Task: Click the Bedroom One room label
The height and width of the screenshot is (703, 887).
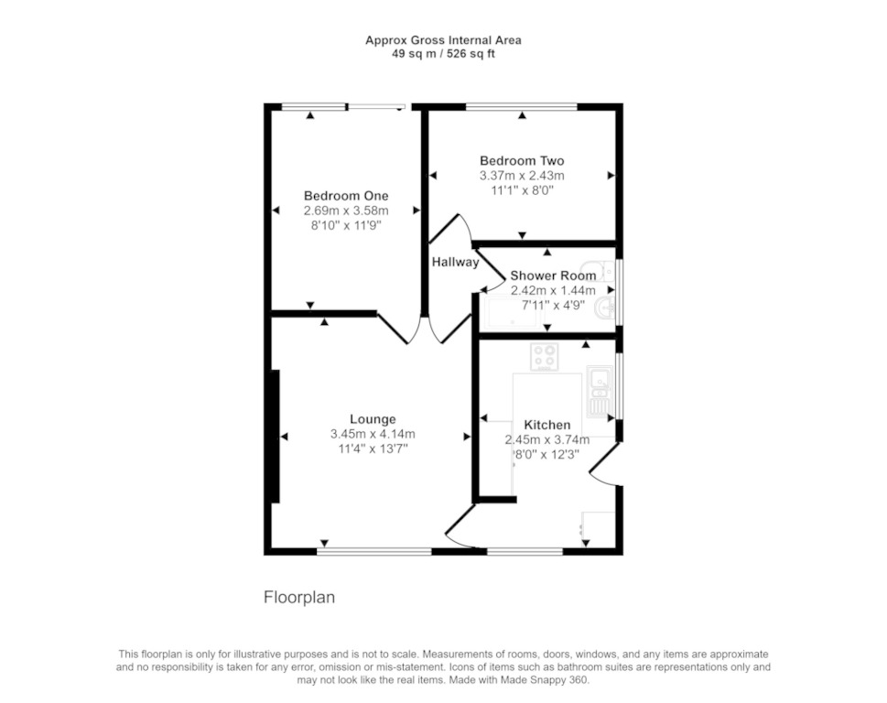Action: click(x=346, y=196)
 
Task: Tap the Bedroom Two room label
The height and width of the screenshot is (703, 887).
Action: click(x=522, y=160)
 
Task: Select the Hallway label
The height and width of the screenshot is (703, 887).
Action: click(x=455, y=262)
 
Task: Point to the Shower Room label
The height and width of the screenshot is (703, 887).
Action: click(x=553, y=276)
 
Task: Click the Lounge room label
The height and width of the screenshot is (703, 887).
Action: click(x=373, y=419)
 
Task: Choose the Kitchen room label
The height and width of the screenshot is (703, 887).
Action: click(x=547, y=425)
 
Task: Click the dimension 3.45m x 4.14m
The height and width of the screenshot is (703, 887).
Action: click(x=373, y=435)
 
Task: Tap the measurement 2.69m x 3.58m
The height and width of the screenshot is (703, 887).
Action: click(x=346, y=211)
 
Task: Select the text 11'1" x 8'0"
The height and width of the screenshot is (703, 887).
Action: click(x=522, y=190)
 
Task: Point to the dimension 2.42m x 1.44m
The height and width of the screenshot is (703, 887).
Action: click(x=553, y=291)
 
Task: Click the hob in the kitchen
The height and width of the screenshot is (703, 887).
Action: click(x=545, y=357)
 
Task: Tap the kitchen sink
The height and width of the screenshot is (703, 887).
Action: click(x=599, y=391)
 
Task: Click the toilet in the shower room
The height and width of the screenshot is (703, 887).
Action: click(x=598, y=271)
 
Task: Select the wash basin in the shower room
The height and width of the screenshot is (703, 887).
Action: click(x=606, y=308)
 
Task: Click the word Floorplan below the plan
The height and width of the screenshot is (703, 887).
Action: click(x=299, y=597)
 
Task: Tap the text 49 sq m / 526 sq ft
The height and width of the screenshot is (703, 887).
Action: click(x=443, y=54)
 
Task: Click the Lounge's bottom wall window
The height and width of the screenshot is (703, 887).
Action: click(x=373, y=551)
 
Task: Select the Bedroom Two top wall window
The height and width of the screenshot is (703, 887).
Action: click(x=522, y=106)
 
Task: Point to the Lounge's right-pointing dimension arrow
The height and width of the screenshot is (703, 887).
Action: click(x=467, y=437)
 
